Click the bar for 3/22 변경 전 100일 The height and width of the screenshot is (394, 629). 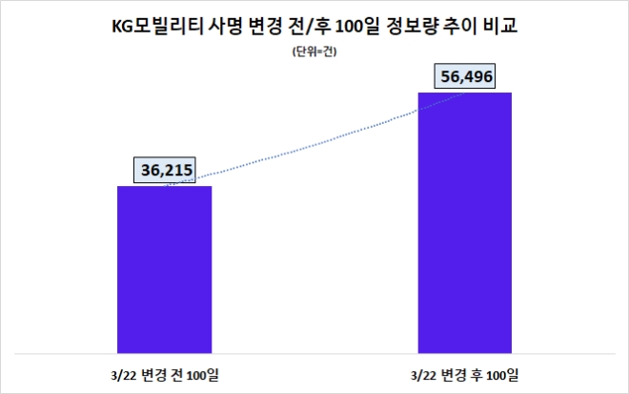[x=164, y=267]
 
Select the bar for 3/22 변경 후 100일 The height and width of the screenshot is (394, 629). [x=465, y=219]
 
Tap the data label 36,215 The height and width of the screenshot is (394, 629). [x=160, y=171]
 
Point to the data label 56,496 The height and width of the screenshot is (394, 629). [x=466, y=75]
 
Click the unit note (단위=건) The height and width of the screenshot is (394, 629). [x=314, y=52]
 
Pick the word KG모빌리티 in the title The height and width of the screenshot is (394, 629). [x=155, y=26]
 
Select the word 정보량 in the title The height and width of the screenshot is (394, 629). [x=413, y=26]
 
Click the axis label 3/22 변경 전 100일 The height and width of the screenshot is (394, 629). [x=164, y=369]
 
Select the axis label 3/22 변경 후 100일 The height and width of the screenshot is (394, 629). [x=466, y=369]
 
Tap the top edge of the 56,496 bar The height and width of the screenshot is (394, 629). [x=465, y=93]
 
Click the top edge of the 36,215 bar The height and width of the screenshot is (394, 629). [x=164, y=187]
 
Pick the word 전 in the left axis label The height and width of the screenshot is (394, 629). [x=178, y=369]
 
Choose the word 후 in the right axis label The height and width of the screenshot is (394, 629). [x=480, y=369]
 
